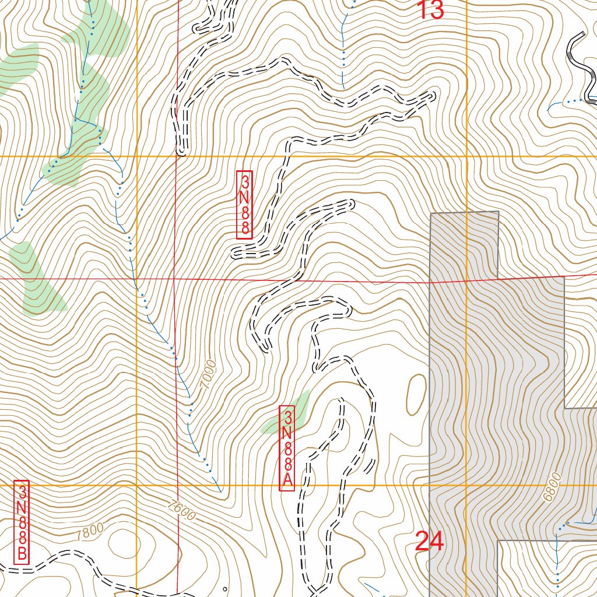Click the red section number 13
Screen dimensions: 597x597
click(x=431, y=10)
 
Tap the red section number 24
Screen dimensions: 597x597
click(x=430, y=542)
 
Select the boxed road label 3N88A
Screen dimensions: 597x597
click(x=287, y=448)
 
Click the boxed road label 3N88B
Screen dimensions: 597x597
click(x=22, y=523)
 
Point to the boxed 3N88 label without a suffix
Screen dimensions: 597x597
click(x=244, y=204)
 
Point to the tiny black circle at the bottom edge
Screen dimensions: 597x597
click(x=225, y=589)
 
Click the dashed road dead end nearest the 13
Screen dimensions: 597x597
click(x=432, y=94)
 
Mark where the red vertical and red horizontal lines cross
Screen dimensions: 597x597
click(x=177, y=279)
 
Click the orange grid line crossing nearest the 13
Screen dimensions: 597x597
click(x=467, y=156)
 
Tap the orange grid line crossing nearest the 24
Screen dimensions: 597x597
click(x=467, y=485)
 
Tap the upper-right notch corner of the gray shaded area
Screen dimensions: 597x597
click(x=498, y=212)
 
